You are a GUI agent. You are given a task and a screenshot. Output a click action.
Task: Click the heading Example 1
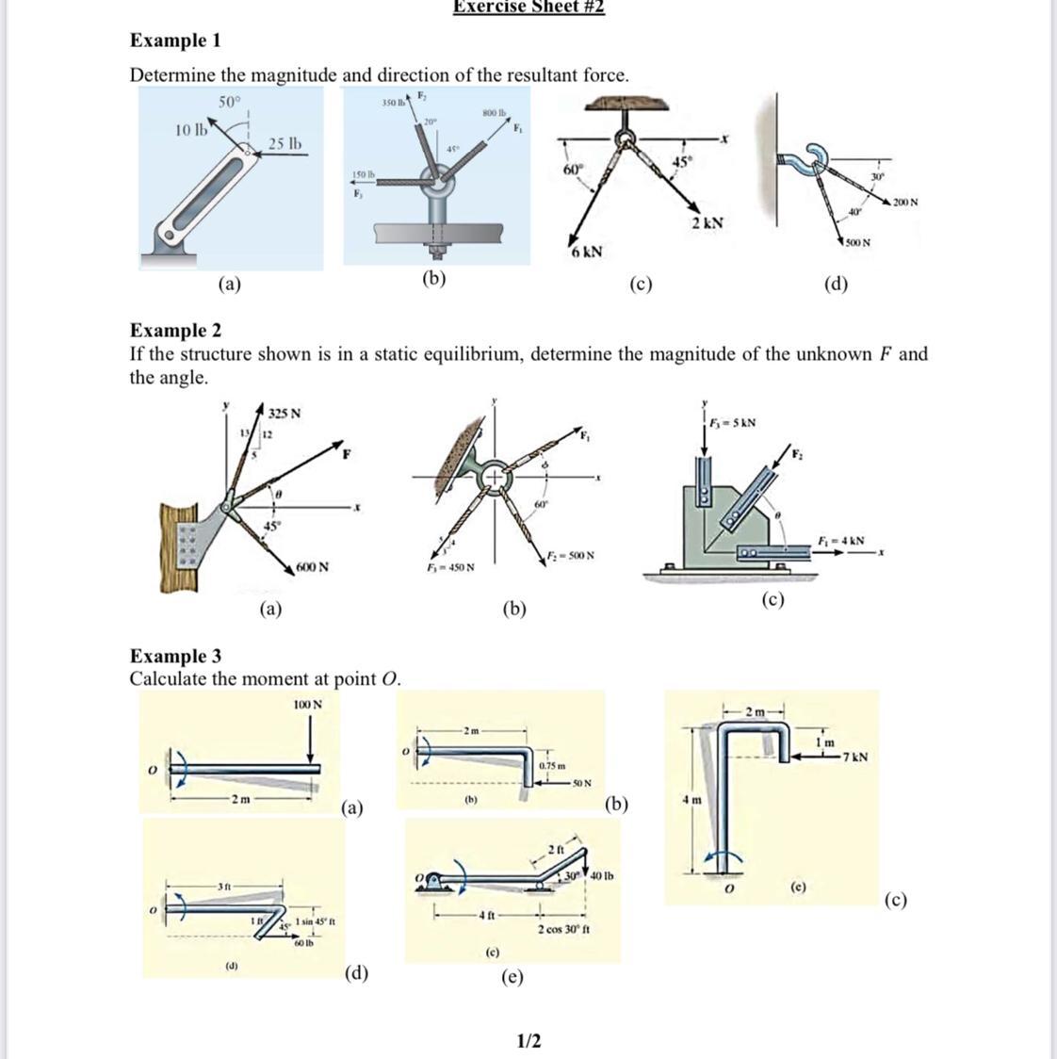click(x=175, y=41)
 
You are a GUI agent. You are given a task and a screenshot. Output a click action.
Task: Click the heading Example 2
click(x=175, y=330)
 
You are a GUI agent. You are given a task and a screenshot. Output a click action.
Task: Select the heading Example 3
click(x=175, y=656)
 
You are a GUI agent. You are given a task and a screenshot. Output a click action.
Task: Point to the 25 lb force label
click(x=285, y=144)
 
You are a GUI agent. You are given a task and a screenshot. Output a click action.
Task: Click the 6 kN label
click(x=585, y=253)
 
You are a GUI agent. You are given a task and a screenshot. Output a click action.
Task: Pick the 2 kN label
click(x=707, y=223)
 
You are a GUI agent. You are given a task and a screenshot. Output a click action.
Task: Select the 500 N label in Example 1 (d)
click(x=857, y=243)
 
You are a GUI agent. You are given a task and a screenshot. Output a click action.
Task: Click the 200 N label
click(x=906, y=203)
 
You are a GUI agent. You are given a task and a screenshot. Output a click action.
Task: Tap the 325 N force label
click(x=284, y=413)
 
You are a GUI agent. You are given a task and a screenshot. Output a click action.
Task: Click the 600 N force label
click(x=312, y=567)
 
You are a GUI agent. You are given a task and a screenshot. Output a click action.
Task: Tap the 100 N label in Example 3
click(x=307, y=704)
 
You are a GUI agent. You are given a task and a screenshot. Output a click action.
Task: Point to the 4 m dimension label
click(x=691, y=800)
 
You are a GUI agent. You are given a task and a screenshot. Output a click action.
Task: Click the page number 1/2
click(x=528, y=1040)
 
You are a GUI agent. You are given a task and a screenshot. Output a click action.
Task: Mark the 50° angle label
click(x=230, y=101)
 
